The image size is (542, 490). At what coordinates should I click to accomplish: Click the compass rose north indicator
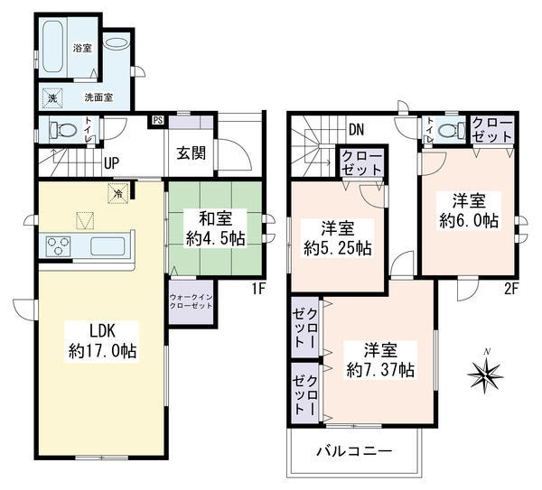(485, 374)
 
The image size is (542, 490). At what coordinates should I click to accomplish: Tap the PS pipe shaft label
(157, 121)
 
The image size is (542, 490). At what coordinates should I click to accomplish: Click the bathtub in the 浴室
(53, 47)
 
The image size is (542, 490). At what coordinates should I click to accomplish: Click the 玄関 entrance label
(192, 153)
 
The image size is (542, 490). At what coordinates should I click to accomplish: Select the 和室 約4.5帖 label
(215, 228)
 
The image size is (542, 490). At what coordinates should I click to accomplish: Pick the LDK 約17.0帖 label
(102, 341)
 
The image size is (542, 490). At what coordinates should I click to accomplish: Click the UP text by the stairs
(111, 162)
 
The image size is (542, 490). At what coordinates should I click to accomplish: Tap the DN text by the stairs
(357, 130)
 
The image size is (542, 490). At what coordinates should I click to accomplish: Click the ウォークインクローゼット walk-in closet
(191, 301)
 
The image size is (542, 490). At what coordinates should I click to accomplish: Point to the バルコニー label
(355, 451)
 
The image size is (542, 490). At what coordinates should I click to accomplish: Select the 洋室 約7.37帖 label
(380, 360)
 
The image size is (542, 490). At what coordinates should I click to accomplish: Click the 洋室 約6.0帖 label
(469, 210)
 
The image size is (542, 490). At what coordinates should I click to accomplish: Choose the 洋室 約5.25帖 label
(337, 238)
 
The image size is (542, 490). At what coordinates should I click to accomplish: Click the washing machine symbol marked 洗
(52, 98)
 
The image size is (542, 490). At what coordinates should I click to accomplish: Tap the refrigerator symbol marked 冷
(118, 194)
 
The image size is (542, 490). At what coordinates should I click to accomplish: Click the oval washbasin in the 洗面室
(117, 43)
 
